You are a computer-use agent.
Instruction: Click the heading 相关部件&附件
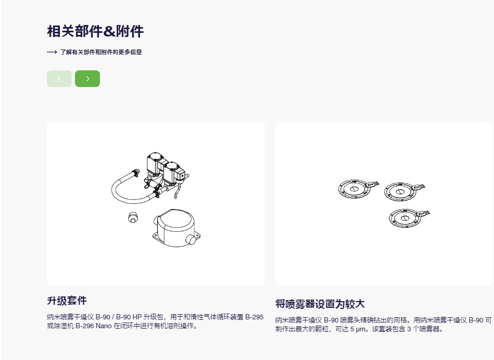coord(95,31)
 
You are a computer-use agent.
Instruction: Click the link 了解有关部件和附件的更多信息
coord(101,52)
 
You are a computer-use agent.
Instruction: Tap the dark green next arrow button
coord(87,79)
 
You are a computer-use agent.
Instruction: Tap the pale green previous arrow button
coord(59,79)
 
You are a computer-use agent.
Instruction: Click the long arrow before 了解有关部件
coord(52,52)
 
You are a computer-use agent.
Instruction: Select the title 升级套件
coord(67,301)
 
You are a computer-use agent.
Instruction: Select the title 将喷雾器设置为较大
coord(320,304)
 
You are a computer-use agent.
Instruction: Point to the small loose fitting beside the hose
coord(133,217)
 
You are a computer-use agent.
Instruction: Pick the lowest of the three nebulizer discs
coord(409,217)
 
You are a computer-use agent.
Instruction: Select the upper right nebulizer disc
coord(404,191)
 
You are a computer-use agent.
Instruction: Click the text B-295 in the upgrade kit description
coord(254,317)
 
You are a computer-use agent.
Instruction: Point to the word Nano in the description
coord(104,326)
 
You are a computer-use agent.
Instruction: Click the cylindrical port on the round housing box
coord(191,239)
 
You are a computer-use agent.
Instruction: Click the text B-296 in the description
coord(84,326)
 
